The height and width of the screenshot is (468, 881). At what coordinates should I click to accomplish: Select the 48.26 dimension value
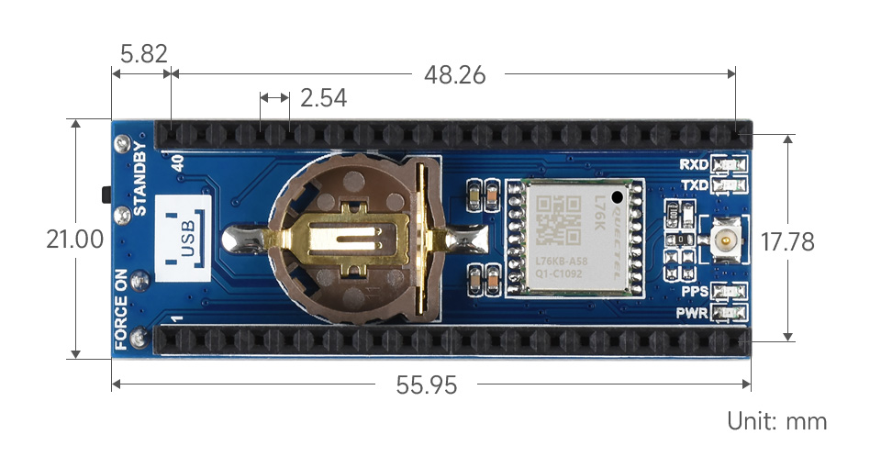pos(454,74)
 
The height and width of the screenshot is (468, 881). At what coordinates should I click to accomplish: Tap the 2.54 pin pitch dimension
pos(323,97)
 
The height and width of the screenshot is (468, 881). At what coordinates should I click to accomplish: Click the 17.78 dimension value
pos(787,241)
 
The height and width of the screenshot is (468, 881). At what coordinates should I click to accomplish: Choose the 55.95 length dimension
pos(427,385)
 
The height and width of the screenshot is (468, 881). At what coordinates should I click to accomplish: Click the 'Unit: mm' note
pos(776,421)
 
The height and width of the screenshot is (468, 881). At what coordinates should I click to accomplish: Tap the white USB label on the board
pos(185,238)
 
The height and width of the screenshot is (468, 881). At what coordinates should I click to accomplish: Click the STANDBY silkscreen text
pos(140,179)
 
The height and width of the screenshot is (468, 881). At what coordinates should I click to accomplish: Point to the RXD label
pos(693,165)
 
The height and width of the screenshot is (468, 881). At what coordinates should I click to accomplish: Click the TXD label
pos(693,185)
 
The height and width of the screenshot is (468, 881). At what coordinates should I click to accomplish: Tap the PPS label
pos(693,292)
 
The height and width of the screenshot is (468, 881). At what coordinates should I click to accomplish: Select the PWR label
pos(692,313)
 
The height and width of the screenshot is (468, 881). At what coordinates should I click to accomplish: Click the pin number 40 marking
pos(177,162)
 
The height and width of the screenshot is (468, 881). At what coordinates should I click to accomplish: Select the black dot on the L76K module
pos(618,195)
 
